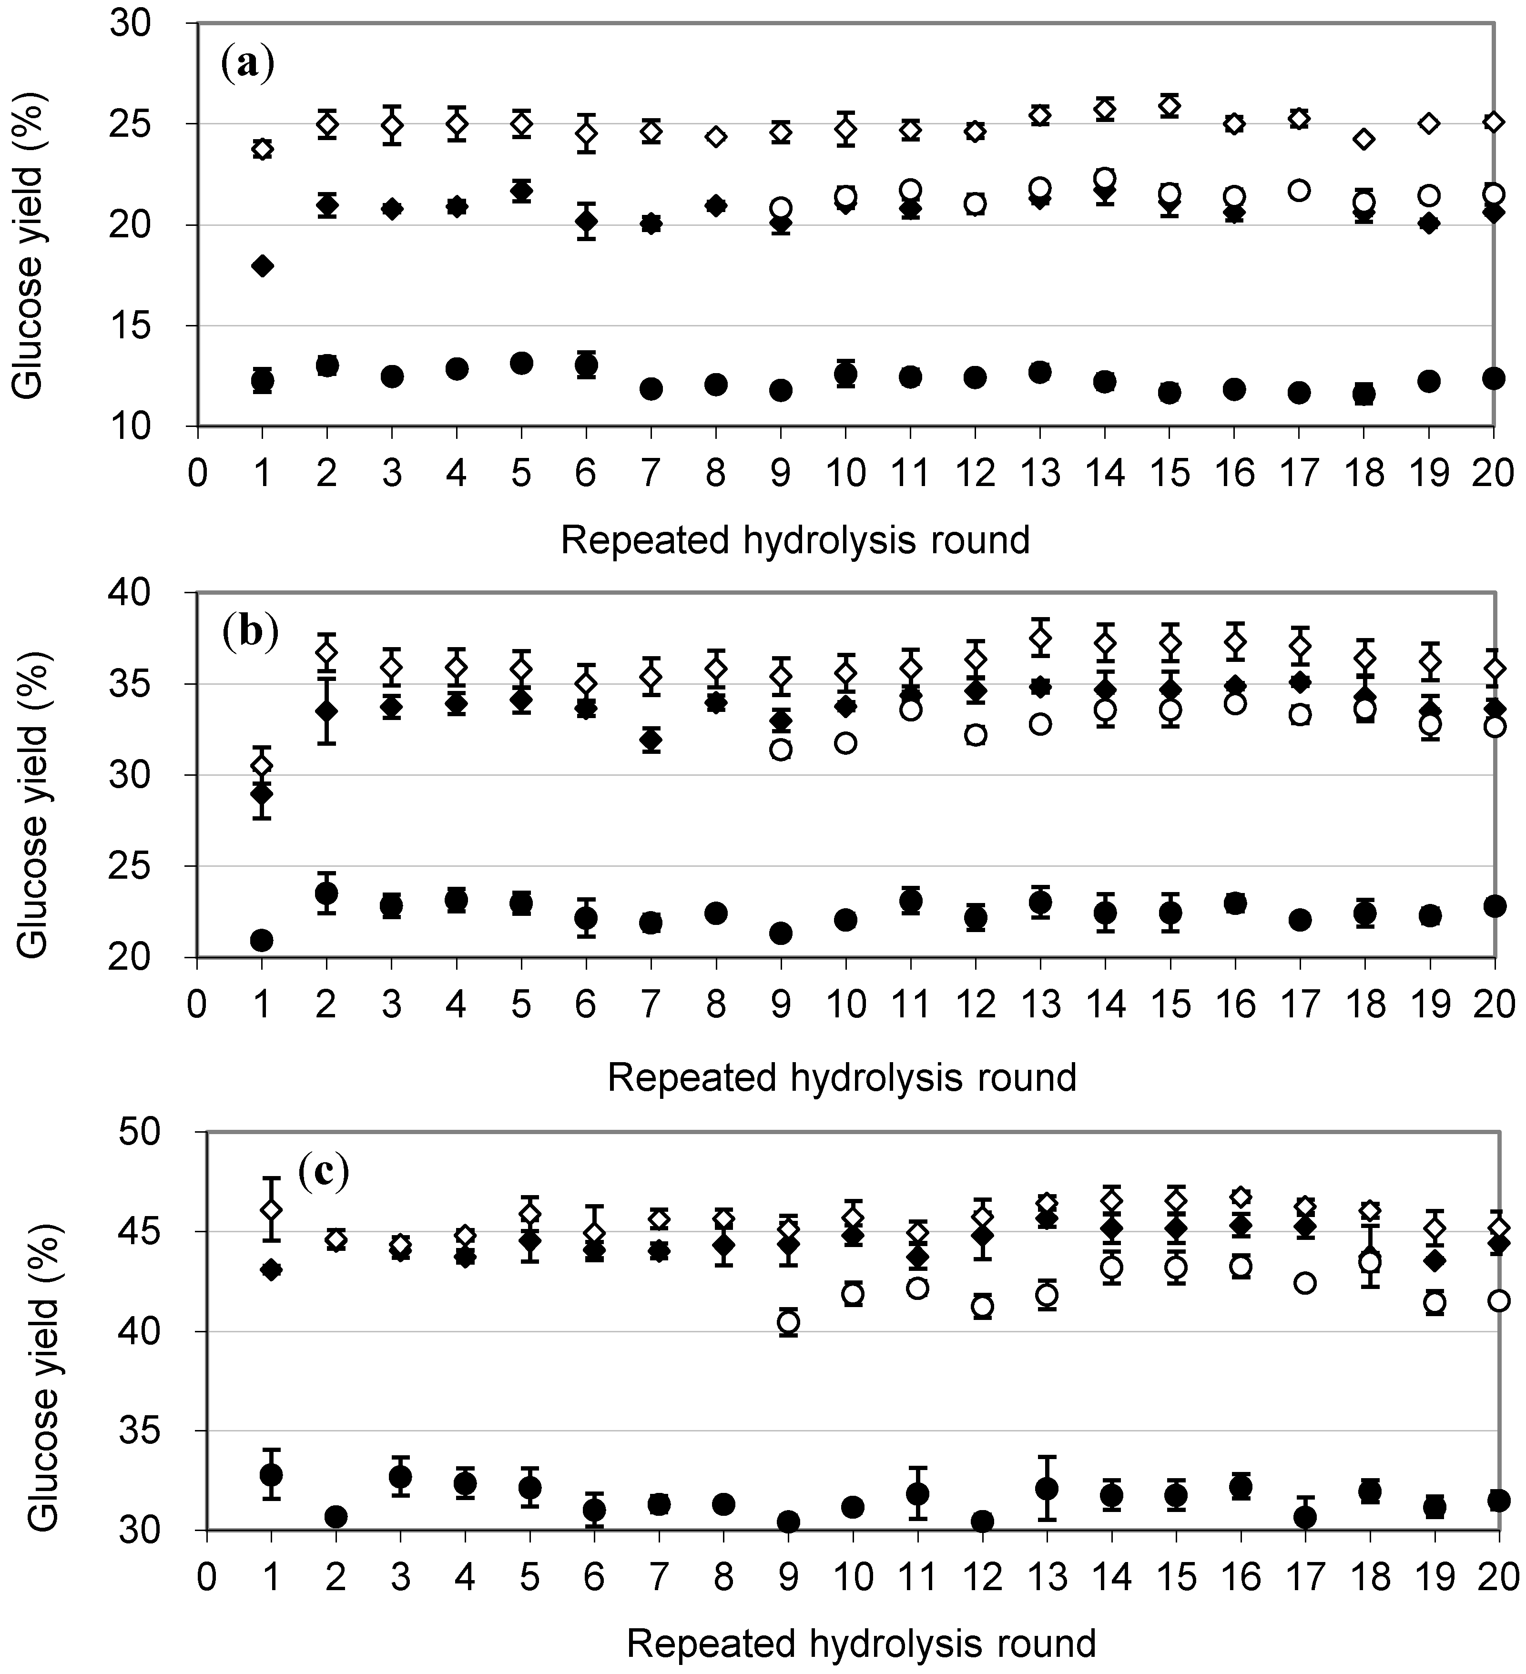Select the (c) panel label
point(323,1172)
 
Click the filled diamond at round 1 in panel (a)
point(263,266)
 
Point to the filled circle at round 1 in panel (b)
point(263,940)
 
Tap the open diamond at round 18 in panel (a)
point(1363,139)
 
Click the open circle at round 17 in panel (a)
point(1299,190)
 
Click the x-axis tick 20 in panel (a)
point(1493,473)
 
